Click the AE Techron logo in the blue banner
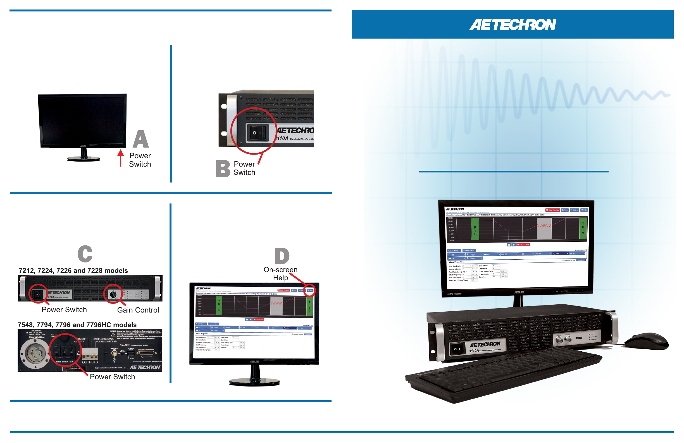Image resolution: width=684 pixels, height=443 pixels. click(x=513, y=24)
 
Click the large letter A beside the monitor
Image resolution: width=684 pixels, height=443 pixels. click(x=140, y=139)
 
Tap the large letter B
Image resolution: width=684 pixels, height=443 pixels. click(x=223, y=169)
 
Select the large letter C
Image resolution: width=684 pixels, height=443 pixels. click(x=85, y=254)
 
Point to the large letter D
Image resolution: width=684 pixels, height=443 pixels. click(x=282, y=256)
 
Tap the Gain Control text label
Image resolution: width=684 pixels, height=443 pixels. click(x=138, y=310)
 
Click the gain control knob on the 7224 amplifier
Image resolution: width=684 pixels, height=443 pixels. click(x=113, y=294)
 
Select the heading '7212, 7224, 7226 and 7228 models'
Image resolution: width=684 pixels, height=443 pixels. click(x=73, y=271)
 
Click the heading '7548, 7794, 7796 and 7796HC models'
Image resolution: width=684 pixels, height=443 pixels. click(x=77, y=325)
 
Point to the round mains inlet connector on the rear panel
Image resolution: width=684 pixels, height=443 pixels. click(x=34, y=353)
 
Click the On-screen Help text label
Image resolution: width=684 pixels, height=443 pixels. click(x=280, y=274)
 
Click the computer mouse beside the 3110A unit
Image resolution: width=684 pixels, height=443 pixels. click(x=647, y=342)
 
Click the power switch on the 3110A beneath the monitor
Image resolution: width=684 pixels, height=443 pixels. click(x=457, y=349)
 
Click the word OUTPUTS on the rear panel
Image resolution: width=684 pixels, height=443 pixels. click(x=90, y=362)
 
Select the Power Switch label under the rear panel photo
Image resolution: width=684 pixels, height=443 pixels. click(x=112, y=377)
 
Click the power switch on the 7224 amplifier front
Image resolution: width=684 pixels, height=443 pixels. click(x=37, y=294)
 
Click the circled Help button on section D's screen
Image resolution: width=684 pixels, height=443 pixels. click(x=310, y=290)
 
